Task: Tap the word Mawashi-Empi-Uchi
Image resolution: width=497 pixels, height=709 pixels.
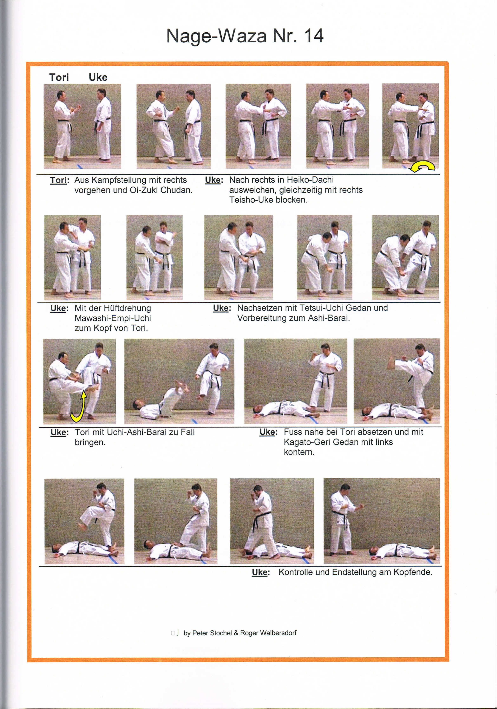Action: coord(113,318)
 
